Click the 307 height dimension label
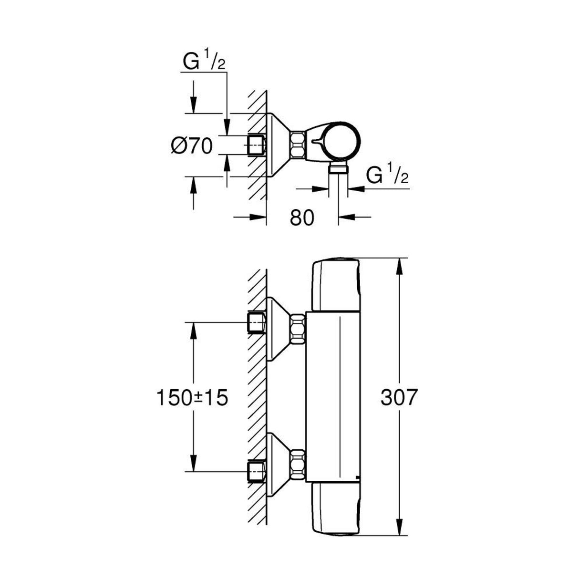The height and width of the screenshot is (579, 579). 399,397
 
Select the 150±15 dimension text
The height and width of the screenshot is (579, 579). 191,397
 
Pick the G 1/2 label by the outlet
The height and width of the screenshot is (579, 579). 387,176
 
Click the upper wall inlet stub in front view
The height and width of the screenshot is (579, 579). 257,323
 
